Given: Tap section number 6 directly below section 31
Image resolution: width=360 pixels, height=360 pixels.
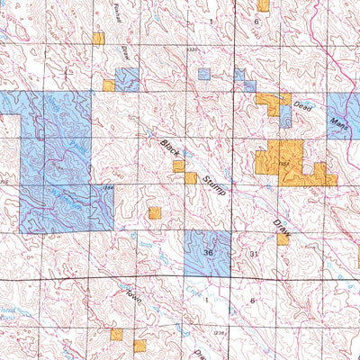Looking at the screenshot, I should click(253, 300).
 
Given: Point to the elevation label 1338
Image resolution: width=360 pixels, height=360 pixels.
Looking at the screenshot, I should click(193, 50).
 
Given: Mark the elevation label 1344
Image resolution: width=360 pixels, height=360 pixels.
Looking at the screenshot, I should click(108, 187).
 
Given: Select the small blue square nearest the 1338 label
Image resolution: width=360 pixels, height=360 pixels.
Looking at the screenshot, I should click(204, 74).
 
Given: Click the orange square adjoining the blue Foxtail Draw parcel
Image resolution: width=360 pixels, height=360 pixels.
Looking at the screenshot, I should click(108, 86).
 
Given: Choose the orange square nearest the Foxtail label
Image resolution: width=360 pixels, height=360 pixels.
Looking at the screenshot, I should click(98, 39).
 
